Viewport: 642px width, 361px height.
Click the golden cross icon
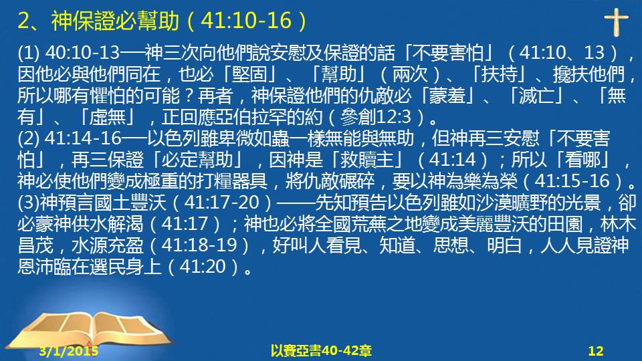(x=616, y=22)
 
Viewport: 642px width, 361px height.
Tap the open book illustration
(x=90, y=332)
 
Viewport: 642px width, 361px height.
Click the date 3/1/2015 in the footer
(x=69, y=351)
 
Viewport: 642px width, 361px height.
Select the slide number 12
(x=596, y=351)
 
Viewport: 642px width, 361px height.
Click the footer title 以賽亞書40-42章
(x=321, y=351)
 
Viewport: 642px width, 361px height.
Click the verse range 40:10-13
(x=82, y=52)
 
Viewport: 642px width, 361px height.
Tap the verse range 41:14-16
(x=83, y=138)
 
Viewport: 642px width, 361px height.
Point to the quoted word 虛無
(x=107, y=117)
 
